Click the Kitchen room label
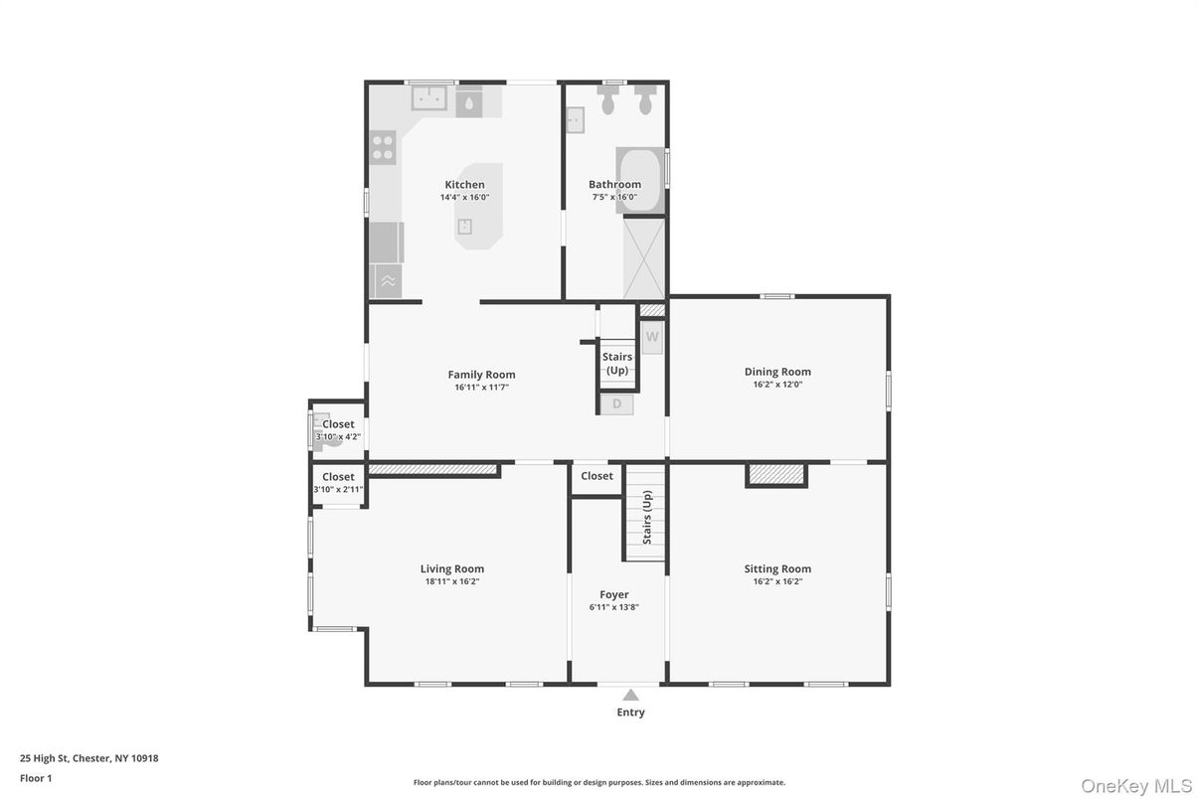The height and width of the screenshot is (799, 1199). (x=464, y=185)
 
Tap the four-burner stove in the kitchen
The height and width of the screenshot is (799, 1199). (x=384, y=148)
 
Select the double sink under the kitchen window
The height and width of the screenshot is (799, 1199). (x=429, y=98)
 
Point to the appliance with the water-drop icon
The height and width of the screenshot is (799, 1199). (x=469, y=101)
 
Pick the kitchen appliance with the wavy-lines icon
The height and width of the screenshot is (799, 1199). (x=387, y=281)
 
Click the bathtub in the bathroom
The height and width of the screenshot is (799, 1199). (x=639, y=179)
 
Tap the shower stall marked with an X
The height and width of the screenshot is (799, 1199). (x=644, y=258)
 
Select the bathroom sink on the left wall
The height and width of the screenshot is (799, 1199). (x=576, y=120)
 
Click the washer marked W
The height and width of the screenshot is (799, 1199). (x=652, y=337)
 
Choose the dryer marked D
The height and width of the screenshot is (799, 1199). (x=616, y=404)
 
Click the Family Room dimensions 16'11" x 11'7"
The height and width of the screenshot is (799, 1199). (x=481, y=388)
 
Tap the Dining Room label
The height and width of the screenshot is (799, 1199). (x=777, y=372)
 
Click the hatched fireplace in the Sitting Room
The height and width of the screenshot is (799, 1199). (x=776, y=475)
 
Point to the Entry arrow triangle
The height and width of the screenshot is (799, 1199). (x=630, y=696)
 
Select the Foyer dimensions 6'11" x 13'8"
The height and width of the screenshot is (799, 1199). (x=613, y=606)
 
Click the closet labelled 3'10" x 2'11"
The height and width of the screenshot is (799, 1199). (x=338, y=484)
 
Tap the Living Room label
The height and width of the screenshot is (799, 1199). (x=451, y=569)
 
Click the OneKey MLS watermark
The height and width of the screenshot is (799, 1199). (x=1135, y=785)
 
